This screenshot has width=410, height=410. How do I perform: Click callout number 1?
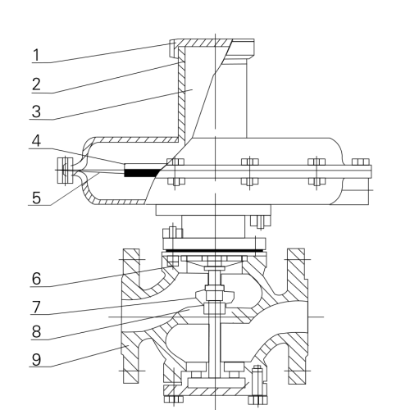(36, 55)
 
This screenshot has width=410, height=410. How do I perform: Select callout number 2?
(36, 84)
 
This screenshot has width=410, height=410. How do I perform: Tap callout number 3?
(36, 112)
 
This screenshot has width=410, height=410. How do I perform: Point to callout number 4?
(36, 141)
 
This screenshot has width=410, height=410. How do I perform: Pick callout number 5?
(36, 198)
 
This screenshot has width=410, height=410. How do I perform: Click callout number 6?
(36, 279)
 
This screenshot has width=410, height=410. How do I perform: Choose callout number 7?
(36, 307)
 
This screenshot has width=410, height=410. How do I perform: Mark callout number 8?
(36, 332)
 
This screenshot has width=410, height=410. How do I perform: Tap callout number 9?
(36, 359)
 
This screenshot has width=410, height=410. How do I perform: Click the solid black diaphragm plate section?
(142, 173)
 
